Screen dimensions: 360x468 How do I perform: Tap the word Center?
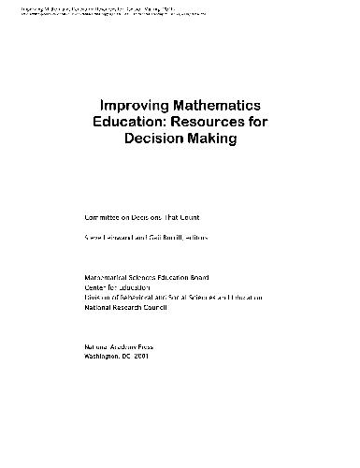click(96, 289)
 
